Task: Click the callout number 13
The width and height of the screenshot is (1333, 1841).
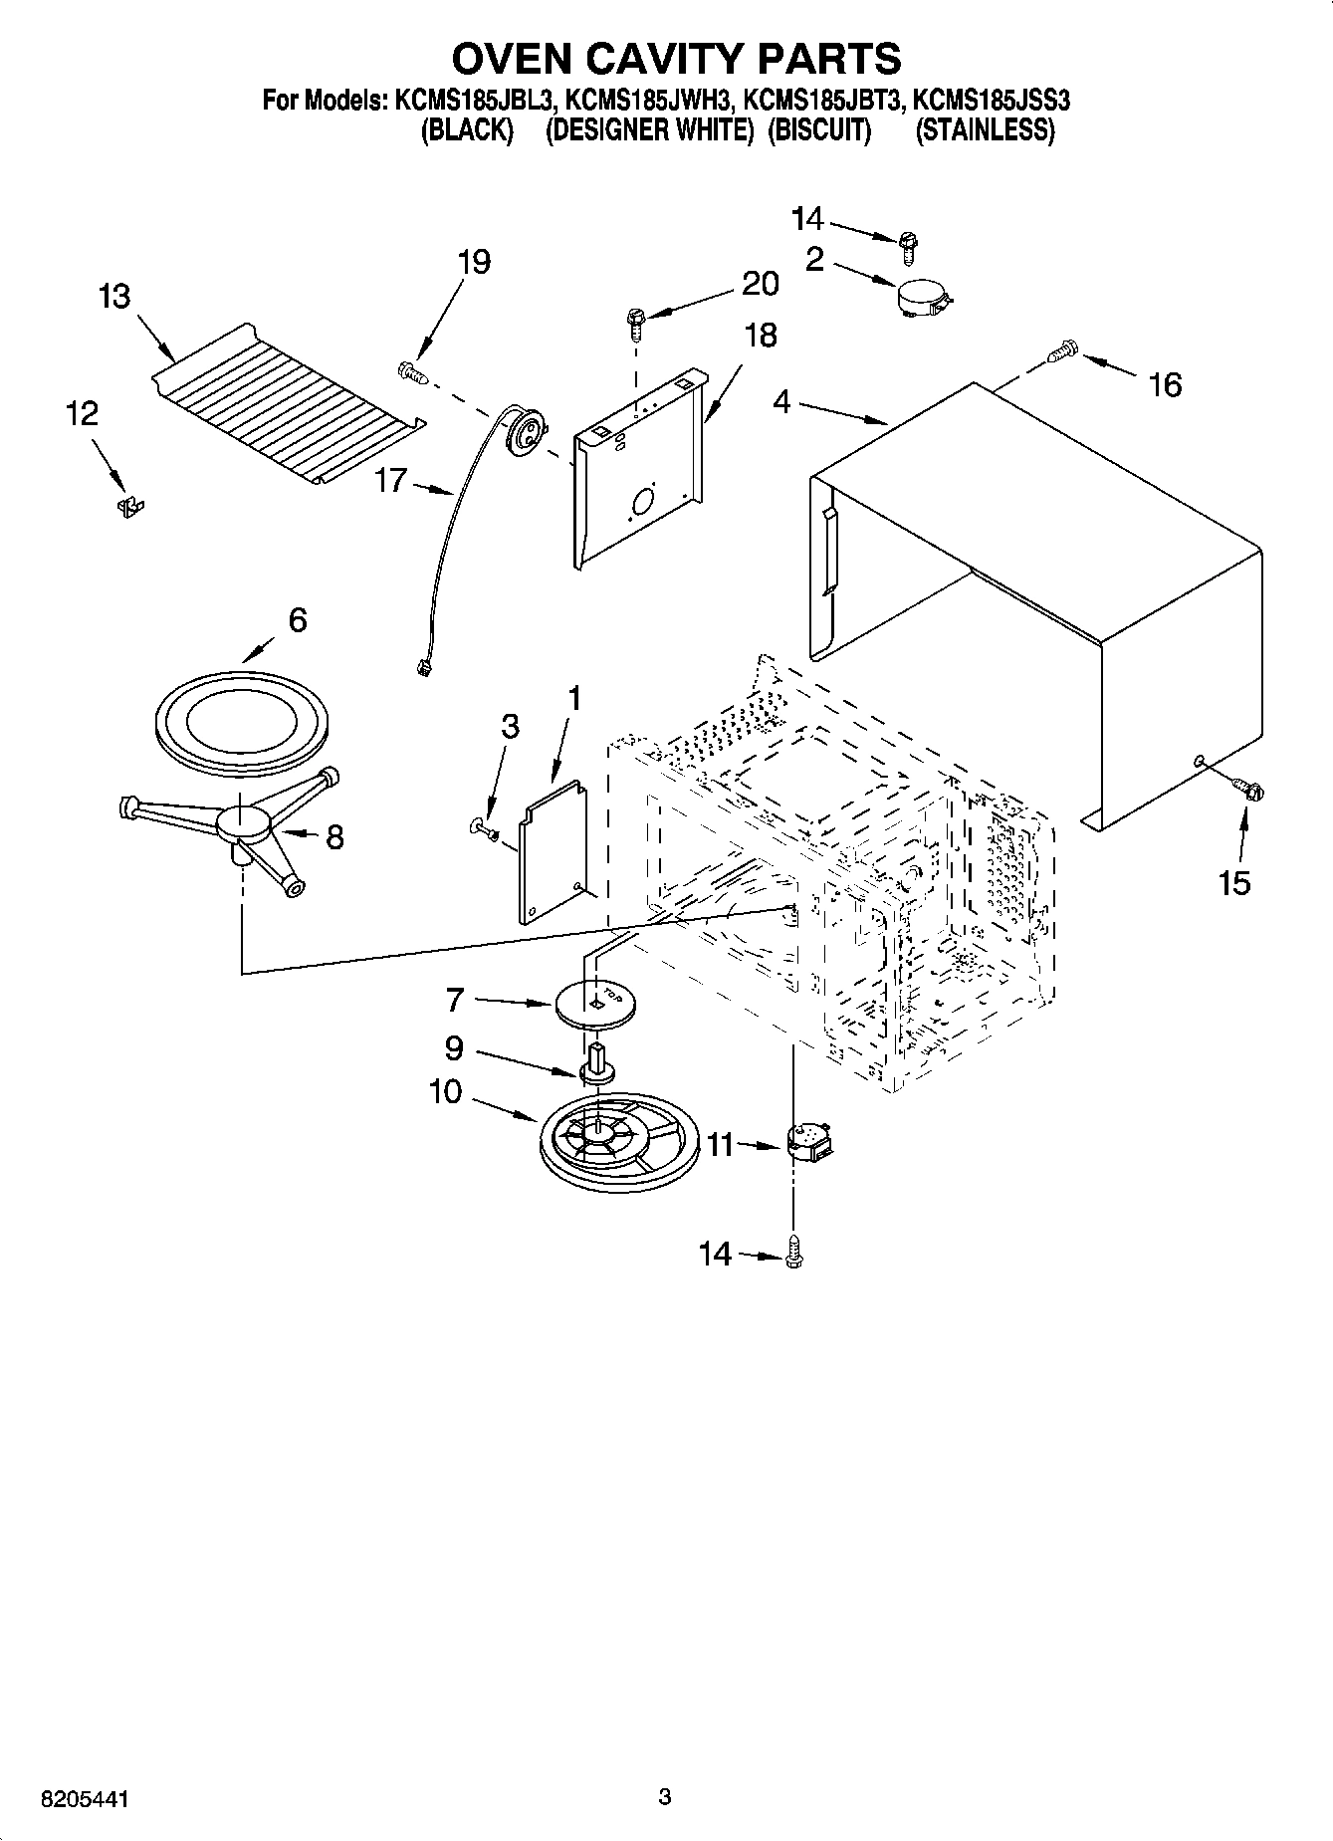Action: tap(114, 297)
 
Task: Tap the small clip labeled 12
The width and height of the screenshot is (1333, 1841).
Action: tap(128, 507)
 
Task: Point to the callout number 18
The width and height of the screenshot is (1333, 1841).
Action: tap(760, 336)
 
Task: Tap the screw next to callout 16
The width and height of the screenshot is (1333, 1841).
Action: tap(1064, 349)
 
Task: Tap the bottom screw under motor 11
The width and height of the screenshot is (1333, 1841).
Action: tap(793, 1254)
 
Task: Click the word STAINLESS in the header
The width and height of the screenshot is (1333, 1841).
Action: tap(984, 130)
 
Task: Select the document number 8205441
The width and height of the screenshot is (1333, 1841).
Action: tap(86, 1799)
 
